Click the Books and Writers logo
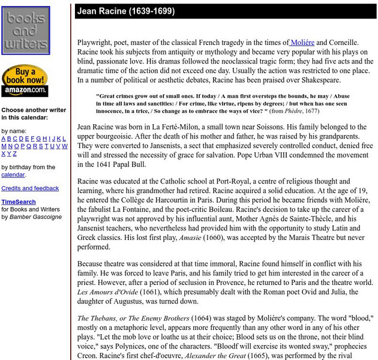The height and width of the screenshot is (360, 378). [25, 29]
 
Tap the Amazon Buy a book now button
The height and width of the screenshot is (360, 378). [25, 80]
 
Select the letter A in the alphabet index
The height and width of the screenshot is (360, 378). [4, 139]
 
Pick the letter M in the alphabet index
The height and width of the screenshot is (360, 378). [4, 146]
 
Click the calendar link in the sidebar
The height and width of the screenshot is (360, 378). [13, 175]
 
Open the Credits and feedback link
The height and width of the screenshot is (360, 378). [30, 188]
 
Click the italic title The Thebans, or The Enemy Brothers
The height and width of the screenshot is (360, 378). [142, 318]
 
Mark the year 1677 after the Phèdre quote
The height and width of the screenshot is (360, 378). [326, 112]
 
